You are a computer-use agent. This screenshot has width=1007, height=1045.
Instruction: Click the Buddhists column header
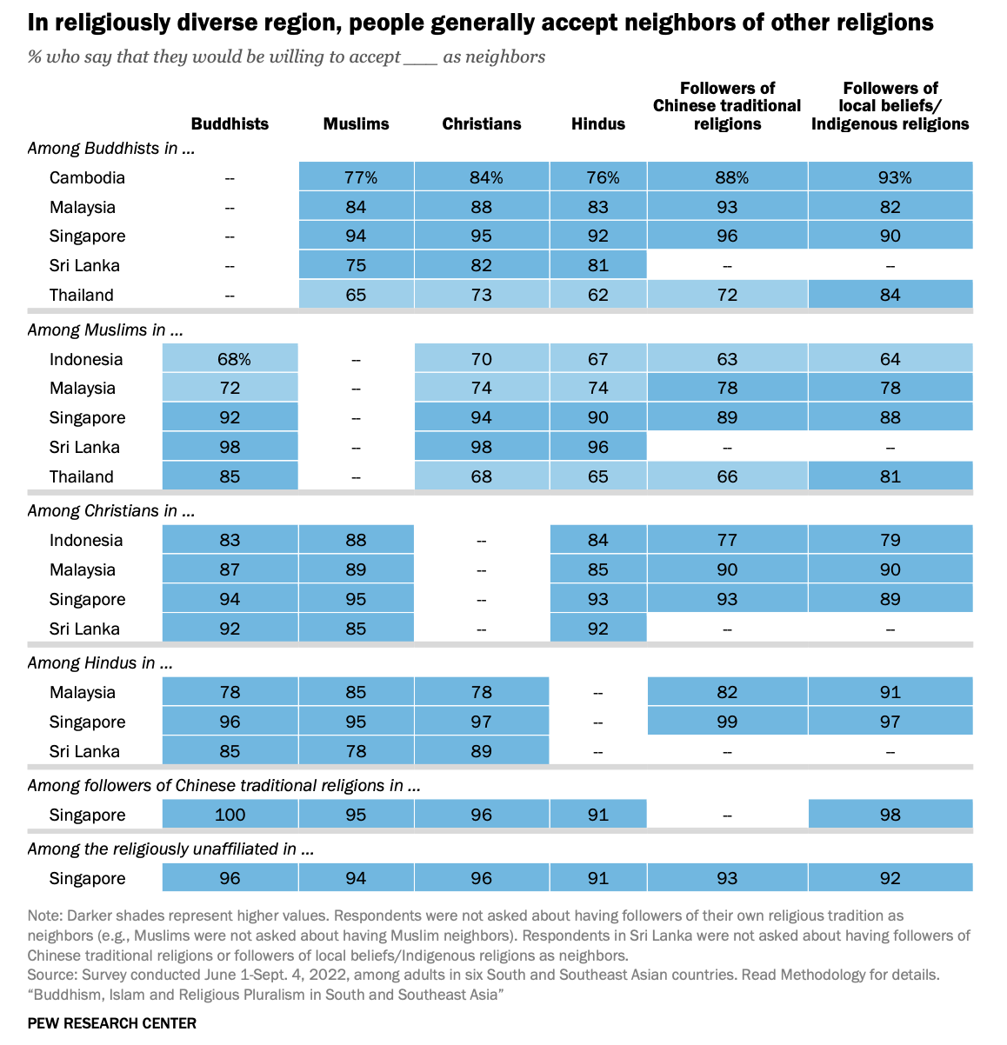[230, 123]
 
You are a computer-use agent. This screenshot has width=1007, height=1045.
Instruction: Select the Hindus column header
[598, 123]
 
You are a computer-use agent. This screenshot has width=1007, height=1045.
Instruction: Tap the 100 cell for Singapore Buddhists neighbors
[230, 815]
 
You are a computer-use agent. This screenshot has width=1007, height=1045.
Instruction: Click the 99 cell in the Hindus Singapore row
[727, 722]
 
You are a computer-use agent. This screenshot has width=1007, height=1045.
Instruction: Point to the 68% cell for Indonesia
[230, 359]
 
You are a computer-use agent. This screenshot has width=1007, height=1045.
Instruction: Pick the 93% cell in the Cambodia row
[890, 177]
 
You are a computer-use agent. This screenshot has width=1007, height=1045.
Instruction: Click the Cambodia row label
[87, 177]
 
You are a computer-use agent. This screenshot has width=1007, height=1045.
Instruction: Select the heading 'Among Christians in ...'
[110, 510]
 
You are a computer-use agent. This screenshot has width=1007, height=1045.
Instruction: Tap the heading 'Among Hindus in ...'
[100, 662]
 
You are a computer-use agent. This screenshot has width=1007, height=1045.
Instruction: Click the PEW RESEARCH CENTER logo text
[111, 1023]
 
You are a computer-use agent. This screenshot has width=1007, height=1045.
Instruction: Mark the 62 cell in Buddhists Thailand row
[598, 295]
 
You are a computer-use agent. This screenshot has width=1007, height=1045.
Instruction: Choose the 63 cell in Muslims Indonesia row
[727, 359]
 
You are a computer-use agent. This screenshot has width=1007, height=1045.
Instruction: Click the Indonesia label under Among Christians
[86, 540]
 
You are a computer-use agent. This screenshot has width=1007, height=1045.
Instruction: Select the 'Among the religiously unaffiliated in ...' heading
[170, 849]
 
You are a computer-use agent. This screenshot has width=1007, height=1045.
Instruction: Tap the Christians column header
[482, 123]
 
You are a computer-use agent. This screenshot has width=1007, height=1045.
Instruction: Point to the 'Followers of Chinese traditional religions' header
[727, 106]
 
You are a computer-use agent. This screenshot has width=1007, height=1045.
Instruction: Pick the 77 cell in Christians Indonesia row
[727, 540]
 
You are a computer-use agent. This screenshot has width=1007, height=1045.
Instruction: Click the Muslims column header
[356, 123]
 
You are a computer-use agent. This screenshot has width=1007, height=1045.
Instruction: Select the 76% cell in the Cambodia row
[598, 177]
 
